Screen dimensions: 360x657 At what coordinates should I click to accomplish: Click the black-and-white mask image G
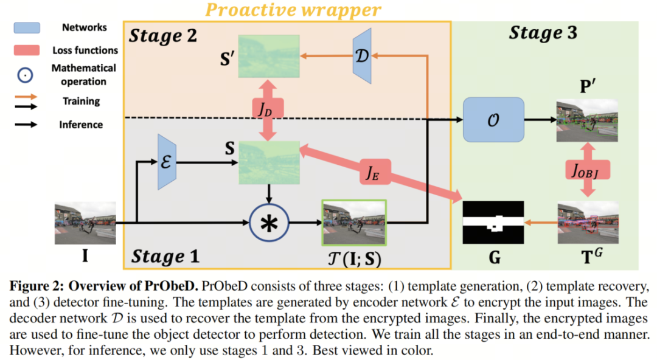tap(493, 222)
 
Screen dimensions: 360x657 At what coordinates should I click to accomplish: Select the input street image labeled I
tap(85, 224)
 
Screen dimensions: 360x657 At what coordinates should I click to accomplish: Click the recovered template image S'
tap(269, 57)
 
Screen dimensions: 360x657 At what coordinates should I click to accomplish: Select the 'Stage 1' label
tap(165, 256)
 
